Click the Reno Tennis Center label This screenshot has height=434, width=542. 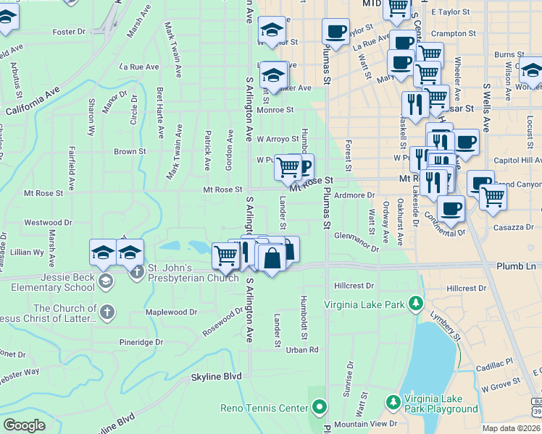tap(264, 408)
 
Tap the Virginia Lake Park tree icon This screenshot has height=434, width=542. tap(415, 302)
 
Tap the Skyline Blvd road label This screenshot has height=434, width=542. tap(216, 377)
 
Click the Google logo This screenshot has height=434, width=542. tap(24, 425)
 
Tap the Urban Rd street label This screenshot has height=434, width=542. tap(302, 350)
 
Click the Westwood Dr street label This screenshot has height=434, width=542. tap(48, 223)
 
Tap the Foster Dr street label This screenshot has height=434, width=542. tap(69, 32)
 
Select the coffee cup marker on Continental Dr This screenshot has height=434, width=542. tap(451, 208)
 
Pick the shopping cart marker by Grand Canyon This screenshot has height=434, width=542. tap(493, 195)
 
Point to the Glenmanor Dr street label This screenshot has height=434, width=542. tap(357, 242)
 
